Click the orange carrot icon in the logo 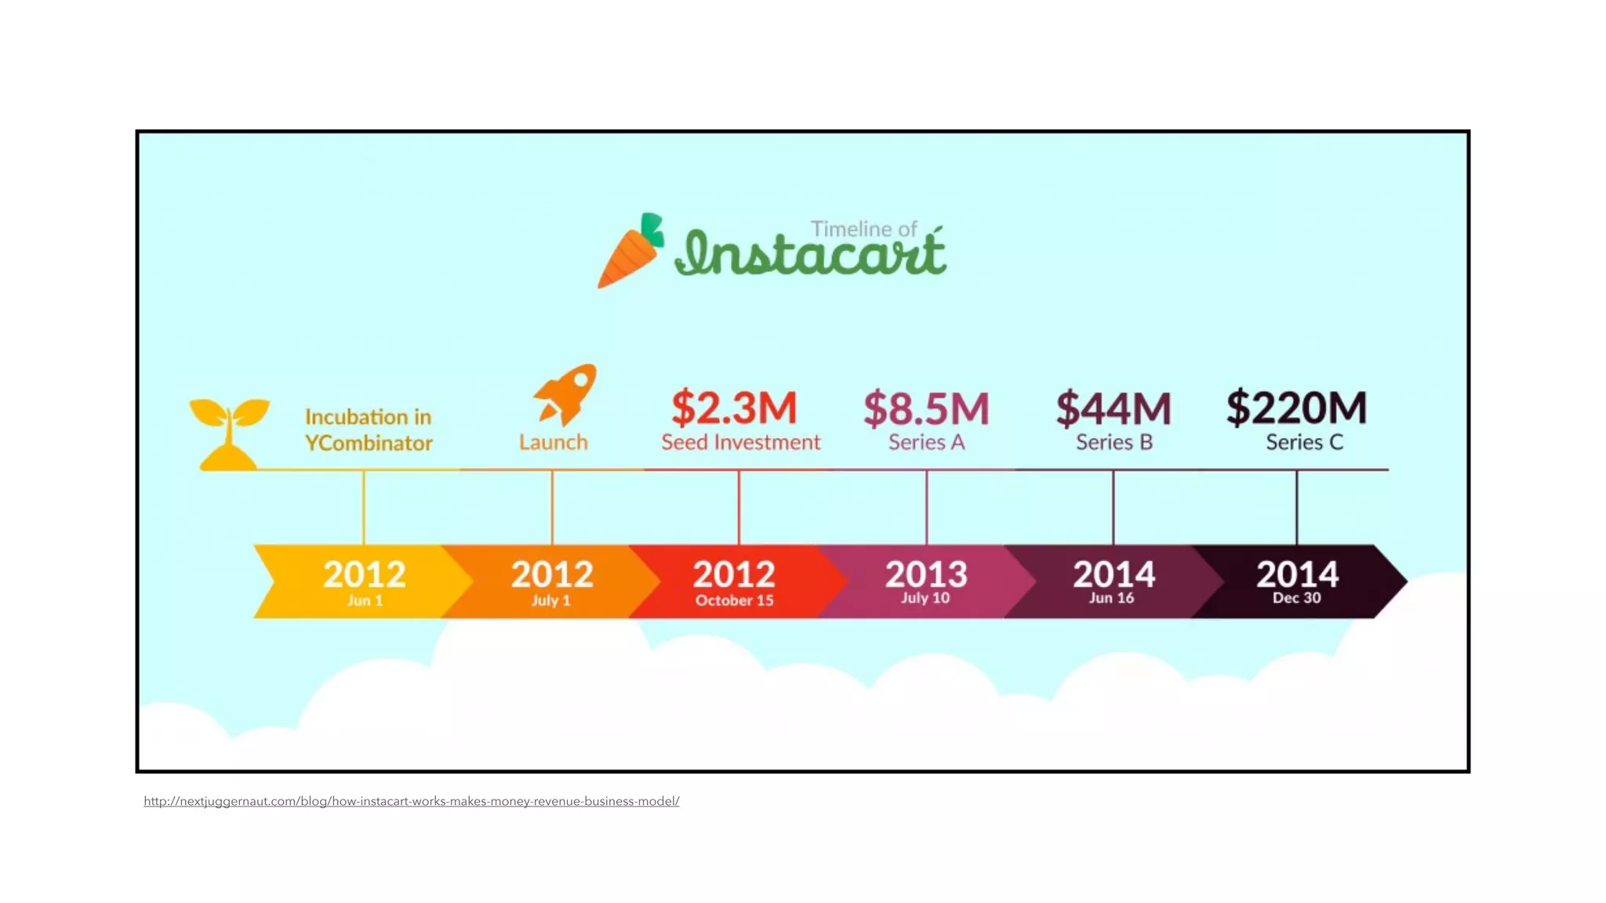630,253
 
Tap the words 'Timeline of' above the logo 863,229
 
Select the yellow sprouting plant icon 228,433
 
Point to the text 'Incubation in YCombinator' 368,430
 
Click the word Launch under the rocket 553,442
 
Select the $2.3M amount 734,408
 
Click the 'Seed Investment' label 740,442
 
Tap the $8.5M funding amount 926,408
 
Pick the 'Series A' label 926,442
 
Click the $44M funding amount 1114,408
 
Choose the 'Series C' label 1304,442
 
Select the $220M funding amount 1296,408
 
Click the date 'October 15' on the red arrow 734,600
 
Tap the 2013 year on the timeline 926,574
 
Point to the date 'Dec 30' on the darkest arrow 1296,598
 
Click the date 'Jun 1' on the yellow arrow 365,600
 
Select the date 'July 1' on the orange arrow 550,600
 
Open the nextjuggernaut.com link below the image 411,801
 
